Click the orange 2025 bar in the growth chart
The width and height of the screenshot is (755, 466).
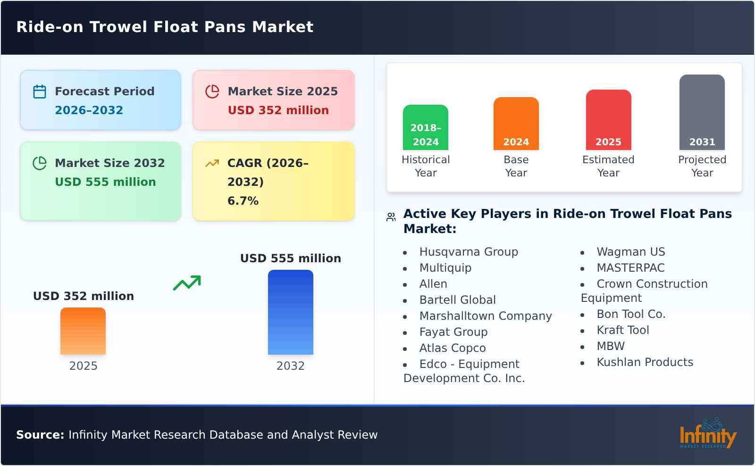(83, 331)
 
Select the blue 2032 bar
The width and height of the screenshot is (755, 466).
(290, 312)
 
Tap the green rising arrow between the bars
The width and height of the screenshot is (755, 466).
(187, 283)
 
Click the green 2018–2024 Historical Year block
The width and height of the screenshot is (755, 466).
(425, 127)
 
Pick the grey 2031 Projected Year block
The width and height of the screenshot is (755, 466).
(702, 112)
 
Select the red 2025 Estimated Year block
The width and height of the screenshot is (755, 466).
(608, 120)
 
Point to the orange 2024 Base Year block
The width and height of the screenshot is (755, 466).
(516, 124)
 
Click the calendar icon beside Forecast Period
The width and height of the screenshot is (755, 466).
(40, 92)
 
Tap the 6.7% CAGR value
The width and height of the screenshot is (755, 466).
(243, 201)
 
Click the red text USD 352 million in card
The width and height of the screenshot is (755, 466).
(278, 110)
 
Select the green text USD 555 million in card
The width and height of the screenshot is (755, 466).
(105, 182)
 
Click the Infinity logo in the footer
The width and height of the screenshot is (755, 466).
(707, 434)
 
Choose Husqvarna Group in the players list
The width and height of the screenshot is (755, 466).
(468, 252)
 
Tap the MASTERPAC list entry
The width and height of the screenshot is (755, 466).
(630, 268)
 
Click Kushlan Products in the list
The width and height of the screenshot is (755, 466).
(645, 362)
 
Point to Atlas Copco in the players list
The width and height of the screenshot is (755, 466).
(452, 348)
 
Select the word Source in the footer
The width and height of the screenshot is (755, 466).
(40, 435)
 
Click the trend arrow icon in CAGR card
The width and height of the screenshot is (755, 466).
(212, 163)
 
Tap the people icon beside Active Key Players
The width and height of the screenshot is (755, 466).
(391, 217)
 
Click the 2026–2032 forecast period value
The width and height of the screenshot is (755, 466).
(89, 110)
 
